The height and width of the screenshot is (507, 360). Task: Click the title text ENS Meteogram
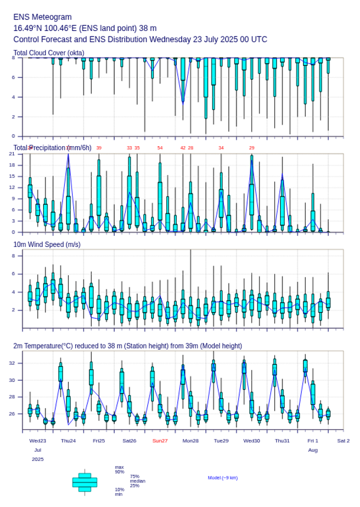click(43, 17)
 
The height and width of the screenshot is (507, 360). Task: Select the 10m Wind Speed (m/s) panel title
click(47, 244)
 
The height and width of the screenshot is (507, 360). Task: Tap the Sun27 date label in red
click(160, 441)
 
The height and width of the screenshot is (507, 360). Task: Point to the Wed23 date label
click(38, 441)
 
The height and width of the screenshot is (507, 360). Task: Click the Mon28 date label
click(191, 441)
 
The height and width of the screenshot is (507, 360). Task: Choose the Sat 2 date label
click(343, 441)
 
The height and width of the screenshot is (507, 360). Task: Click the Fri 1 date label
click(313, 441)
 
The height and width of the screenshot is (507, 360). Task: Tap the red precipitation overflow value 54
click(160, 148)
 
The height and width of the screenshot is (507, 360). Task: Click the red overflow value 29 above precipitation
click(251, 148)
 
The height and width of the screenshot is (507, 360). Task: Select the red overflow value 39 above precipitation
click(99, 148)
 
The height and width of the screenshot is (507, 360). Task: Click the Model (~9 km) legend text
click(223, 478)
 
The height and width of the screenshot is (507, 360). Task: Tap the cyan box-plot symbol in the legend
click(85, 482)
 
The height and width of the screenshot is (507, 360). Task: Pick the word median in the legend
click(137, 481)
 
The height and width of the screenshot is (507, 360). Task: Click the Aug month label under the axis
click(313, 450)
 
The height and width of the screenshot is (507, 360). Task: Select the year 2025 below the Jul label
click(38, 459)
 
